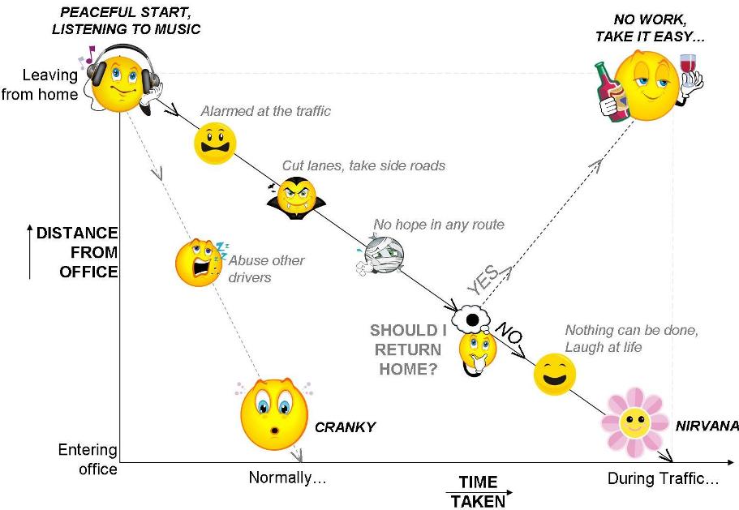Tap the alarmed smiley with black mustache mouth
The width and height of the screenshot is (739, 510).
coord(215,144)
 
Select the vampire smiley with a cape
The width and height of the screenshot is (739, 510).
coord(295,197)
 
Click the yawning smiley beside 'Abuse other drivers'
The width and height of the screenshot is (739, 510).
coord(198,261)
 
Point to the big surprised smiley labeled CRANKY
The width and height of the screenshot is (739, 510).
coord(274,414)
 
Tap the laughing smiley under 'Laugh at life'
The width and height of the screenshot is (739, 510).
coord(555,374)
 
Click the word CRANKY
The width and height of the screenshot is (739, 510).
coord(345,426)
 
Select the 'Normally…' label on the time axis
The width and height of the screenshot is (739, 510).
coord(287,478)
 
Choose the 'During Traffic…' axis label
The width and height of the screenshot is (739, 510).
coord(663,478)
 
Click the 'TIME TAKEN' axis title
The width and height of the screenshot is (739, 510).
coord(478,491)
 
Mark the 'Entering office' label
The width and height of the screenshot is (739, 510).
coord(88,459)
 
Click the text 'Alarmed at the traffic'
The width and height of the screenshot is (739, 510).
coord(265,111)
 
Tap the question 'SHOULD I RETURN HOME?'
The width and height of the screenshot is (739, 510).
coord(406,349)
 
